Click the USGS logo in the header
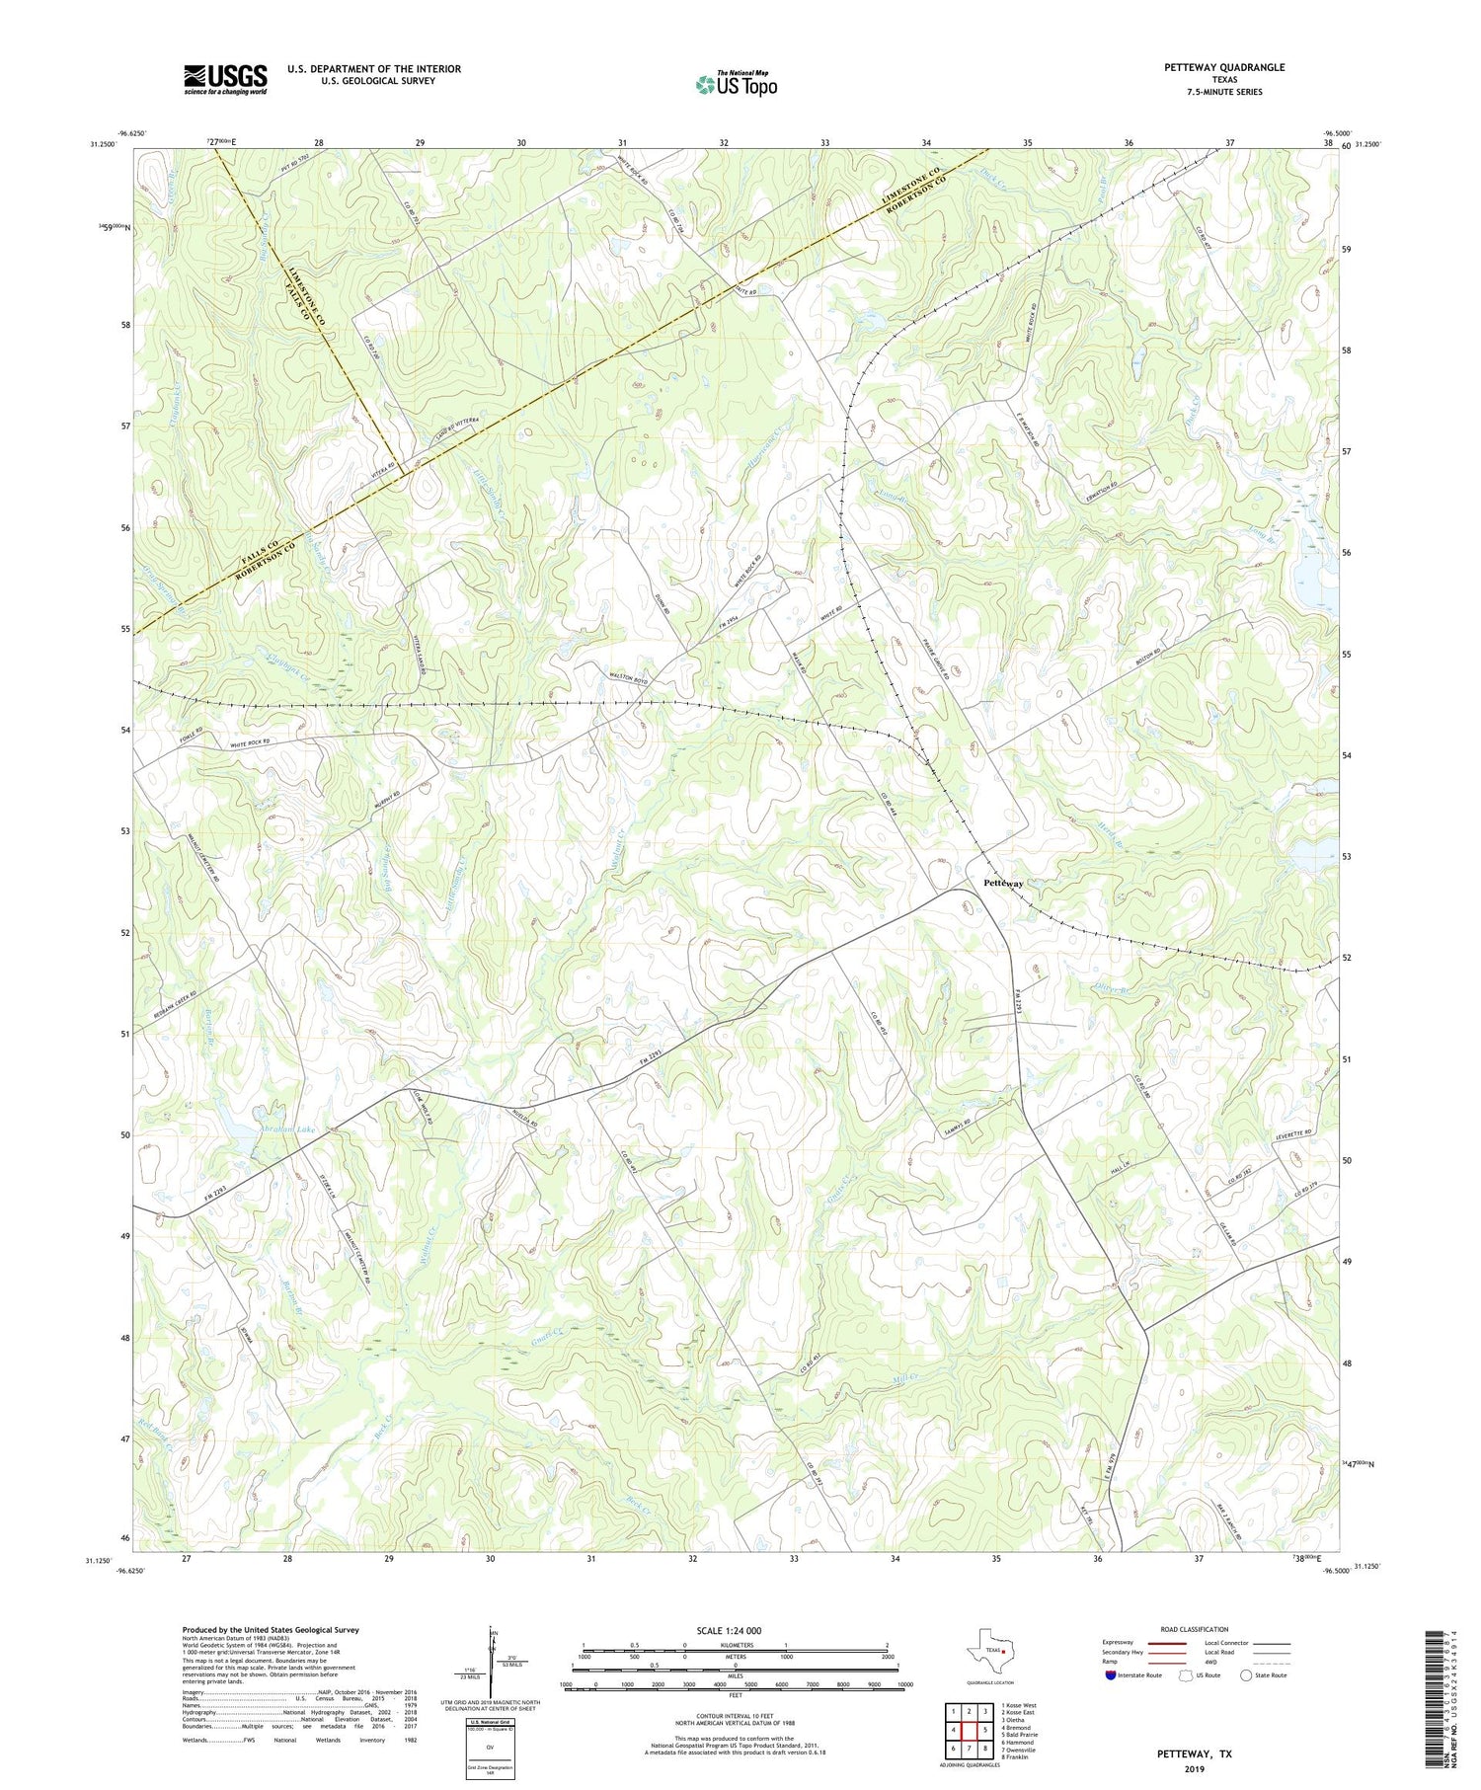click(225, 79)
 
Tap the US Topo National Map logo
click(736, 84)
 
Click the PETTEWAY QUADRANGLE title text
click(1224, 67)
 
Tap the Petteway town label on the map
click(1003, 884)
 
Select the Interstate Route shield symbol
click(1112, 1674)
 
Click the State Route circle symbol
click(1247, 1674)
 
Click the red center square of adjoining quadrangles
click(972, 1730)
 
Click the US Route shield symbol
click(1186, 1674)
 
